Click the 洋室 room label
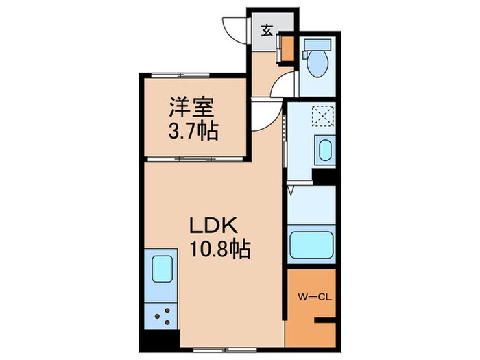click(x=193, y=108)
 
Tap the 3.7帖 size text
click(x=193, y=130)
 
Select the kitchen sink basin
click(x=162, y=267)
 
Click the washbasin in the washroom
click(x=324, y=149)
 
